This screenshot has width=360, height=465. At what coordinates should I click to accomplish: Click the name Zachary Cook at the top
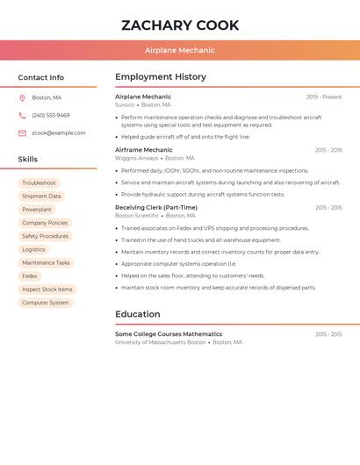point(180,25)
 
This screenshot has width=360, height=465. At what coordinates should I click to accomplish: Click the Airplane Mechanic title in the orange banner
point(180,50)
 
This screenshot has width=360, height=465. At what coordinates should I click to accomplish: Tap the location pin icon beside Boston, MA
point(22,97)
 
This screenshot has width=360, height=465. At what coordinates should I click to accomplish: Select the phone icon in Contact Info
point(22,115)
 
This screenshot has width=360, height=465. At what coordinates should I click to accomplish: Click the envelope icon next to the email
point(22,133)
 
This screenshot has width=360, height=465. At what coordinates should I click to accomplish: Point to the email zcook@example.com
point(59,133)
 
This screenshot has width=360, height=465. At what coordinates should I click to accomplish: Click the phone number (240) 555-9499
point(51,115)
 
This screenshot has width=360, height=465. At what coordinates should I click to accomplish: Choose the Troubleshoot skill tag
point(39,182)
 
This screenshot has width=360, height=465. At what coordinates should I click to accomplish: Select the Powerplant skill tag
point(37,210)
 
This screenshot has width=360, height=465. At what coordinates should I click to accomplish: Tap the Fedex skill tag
point(30,275)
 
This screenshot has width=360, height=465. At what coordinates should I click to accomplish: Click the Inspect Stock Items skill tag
point(47,290)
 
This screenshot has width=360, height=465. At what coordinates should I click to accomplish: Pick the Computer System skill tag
point(45,303)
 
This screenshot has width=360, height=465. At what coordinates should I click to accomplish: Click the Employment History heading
point(161,77)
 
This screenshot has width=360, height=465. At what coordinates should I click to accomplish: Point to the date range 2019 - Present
point(324,97)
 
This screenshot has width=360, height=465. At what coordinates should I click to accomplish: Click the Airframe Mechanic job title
point(144,150)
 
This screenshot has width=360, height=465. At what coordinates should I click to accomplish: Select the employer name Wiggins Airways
point(137,159)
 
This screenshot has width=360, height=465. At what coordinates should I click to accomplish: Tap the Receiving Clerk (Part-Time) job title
point(155,208)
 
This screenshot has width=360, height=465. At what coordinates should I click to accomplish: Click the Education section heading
point(138,314)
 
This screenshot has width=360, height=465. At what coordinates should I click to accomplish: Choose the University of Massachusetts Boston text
point(160,342)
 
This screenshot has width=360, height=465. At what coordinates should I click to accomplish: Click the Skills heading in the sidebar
point(28,160)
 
